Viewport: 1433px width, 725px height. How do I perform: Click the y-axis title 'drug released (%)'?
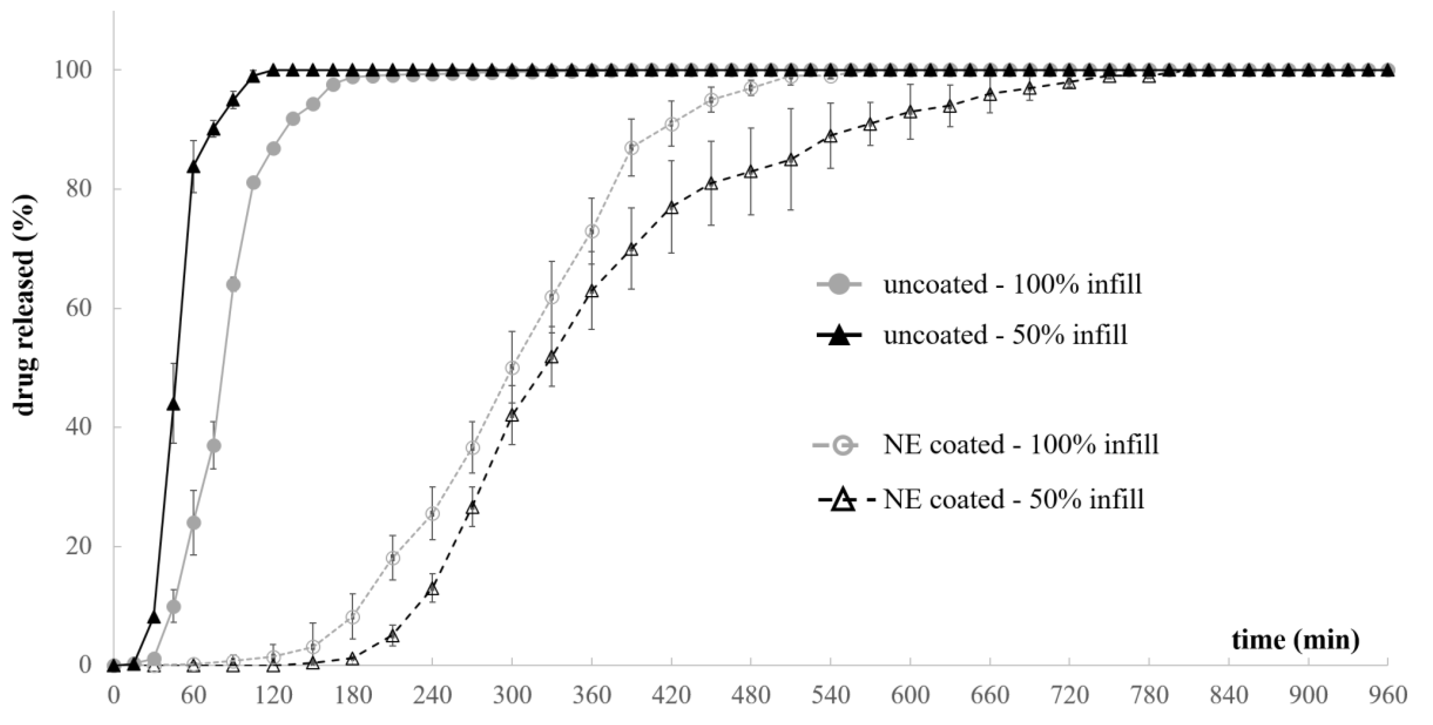(25, 305)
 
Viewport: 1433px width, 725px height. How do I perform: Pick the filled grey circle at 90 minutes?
(234, 285)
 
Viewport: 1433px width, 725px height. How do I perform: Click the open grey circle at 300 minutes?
(512, 368)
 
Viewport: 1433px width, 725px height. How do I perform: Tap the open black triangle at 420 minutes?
(671, 208)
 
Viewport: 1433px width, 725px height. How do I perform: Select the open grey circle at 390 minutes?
(631, 148)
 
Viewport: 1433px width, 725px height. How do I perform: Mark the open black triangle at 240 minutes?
(432, 589)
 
